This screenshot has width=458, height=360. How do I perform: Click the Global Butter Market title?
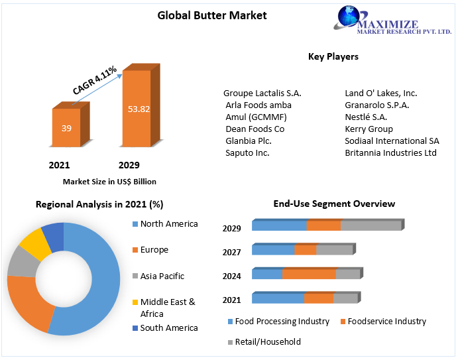point(212,15)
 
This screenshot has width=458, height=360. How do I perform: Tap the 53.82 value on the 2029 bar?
point(139,109)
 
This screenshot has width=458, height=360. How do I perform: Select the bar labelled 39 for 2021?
point(66,128)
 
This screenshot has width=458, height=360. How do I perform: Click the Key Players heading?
point(333,56)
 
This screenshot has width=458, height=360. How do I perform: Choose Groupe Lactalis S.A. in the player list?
point(262,93)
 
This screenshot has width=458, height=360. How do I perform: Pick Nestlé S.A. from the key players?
point(366,117)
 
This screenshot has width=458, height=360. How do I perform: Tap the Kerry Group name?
point(369,129)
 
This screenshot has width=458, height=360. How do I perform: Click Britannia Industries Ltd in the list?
point(390,152)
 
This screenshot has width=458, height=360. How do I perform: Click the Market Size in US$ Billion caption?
point(109,181)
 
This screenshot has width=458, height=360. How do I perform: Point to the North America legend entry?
point(169,224)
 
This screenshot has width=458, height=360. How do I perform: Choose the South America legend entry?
point(169,328)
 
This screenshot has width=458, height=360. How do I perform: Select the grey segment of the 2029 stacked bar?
point(371,225)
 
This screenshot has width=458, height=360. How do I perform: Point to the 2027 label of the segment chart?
point(232,252)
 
